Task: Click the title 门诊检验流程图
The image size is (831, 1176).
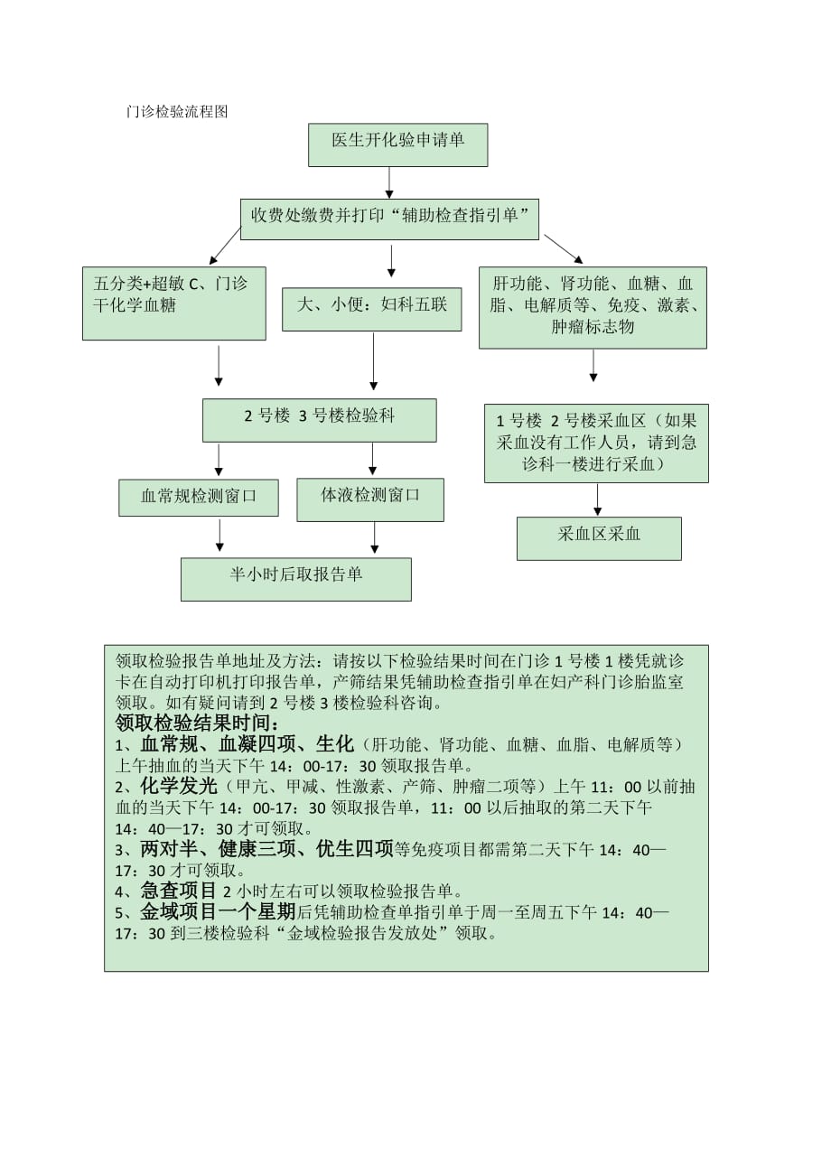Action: tap(178, 112)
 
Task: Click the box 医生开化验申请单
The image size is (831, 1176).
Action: tap(397, 145)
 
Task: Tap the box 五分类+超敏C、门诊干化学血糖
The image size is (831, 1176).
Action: tap(173, 303)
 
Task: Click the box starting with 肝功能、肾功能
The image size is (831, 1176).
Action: tap(593, 307)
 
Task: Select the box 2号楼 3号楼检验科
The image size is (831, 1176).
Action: tap(319, 420)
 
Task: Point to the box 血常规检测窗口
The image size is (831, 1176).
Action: tap(199, 497)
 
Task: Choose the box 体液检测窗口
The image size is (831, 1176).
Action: tap(370, 499)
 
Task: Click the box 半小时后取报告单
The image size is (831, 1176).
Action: tap(296, 578)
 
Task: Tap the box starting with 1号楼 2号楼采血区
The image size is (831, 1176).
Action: tap(596, 443)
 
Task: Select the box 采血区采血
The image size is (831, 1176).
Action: tap(599, 537)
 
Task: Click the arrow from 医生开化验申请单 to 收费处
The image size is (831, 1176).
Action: tap(389, 182)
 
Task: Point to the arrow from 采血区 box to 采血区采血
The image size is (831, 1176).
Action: tap(596, 499)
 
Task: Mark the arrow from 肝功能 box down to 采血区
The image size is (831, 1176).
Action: tap(593, 365)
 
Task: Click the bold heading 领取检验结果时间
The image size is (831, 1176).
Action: tap(199, 723)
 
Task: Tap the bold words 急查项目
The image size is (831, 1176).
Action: tap(178, 890)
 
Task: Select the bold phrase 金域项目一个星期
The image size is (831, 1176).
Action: tap(218, 911)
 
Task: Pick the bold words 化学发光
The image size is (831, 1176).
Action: tap(180, 786)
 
